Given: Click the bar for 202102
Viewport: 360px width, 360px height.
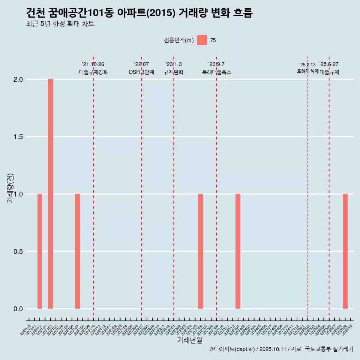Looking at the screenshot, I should (x=50, y=194).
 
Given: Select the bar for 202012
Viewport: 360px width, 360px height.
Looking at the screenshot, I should (x=40, y=251).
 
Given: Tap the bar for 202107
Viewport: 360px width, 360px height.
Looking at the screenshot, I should (x=77, y=251).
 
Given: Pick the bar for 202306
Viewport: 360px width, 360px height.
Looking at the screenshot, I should (x=200, y=251).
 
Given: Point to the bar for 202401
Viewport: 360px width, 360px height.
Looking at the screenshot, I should (x=238, y=251).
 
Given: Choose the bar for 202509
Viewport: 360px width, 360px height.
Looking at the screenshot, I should (x=345, y=251).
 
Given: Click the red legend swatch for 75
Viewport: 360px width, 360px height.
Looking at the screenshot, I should (x=202, y=40).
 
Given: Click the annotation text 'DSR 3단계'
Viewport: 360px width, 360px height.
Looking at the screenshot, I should (x=141, y=72).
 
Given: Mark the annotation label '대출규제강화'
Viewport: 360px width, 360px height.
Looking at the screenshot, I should (x=93, y=72).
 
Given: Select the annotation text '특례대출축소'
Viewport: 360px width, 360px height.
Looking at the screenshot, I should (x=216, y=72).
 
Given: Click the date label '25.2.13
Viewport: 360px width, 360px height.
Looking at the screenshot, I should (x=307, y=65).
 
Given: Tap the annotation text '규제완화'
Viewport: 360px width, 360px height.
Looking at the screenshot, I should (x=174, y=72).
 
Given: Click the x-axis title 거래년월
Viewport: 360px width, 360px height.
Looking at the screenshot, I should (x=189, y=340).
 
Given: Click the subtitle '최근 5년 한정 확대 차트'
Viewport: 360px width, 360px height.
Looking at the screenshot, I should (x=60, y=24).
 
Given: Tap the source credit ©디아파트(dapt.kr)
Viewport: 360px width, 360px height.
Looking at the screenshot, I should (x=232, y=349).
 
